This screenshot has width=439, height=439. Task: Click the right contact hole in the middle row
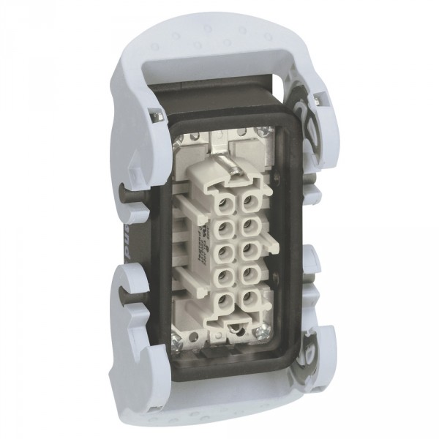click(250, 251)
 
